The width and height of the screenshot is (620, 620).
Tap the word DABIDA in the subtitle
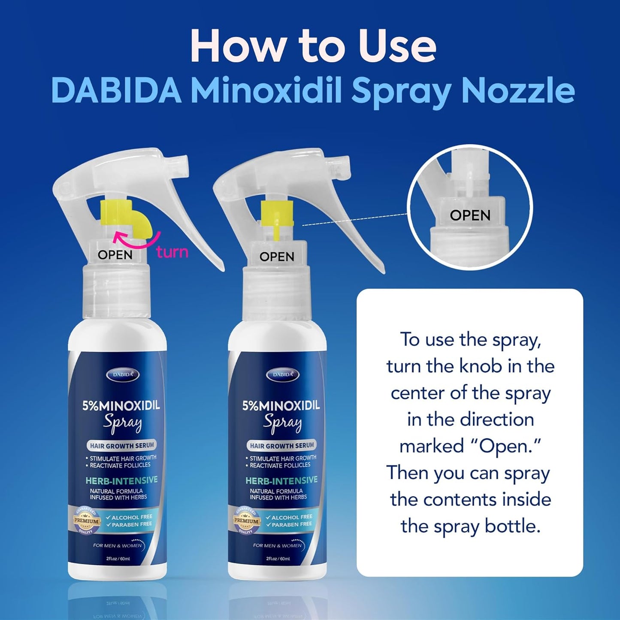click(x=116, y=91)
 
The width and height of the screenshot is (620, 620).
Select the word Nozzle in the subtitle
click(x=518, y=91)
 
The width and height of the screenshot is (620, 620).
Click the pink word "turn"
click(x=172, y=252)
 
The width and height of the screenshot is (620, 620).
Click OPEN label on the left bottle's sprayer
click(x=115, y=255)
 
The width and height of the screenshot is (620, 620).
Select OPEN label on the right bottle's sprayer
click(x=277, y=257)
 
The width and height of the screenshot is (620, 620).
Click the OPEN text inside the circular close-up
click(x=470, y=215)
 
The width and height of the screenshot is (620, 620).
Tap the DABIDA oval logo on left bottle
click(x=123, y=375)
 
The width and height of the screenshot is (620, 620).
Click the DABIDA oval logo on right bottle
click(x=282, y=375)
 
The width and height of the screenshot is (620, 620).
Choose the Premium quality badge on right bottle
click(x=246, y=520)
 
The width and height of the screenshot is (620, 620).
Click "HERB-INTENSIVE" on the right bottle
click(x=281, y=481)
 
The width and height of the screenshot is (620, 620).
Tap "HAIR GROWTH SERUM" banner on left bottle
click(x=121, y=446)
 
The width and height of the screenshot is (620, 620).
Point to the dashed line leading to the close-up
click(x=354, y=219)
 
